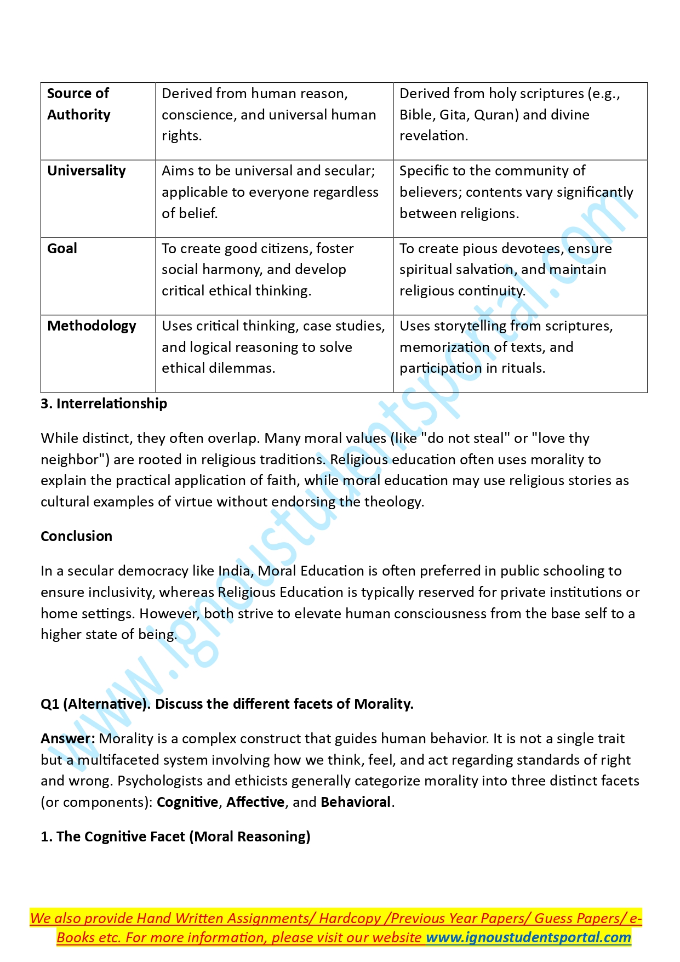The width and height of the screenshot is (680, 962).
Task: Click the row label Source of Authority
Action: coord(79,104)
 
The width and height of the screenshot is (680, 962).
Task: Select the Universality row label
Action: coord(87,171)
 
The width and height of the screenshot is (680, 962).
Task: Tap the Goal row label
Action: coord(62,249)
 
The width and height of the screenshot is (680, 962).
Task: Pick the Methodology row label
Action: coord(92,326)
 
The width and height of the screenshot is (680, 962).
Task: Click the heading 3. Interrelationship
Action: coord(104,404)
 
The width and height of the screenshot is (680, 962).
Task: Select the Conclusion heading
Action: coord(76,537)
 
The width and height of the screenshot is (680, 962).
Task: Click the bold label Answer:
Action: coord(68,739)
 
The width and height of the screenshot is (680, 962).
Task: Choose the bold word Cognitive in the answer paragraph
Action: coord(187,802)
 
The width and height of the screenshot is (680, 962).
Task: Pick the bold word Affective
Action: coord(255,802)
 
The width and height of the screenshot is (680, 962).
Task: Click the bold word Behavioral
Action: coord(356,802)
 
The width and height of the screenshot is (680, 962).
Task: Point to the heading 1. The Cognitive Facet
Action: coord(175,837)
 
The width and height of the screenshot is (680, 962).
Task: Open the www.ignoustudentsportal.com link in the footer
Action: coord(528,938)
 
